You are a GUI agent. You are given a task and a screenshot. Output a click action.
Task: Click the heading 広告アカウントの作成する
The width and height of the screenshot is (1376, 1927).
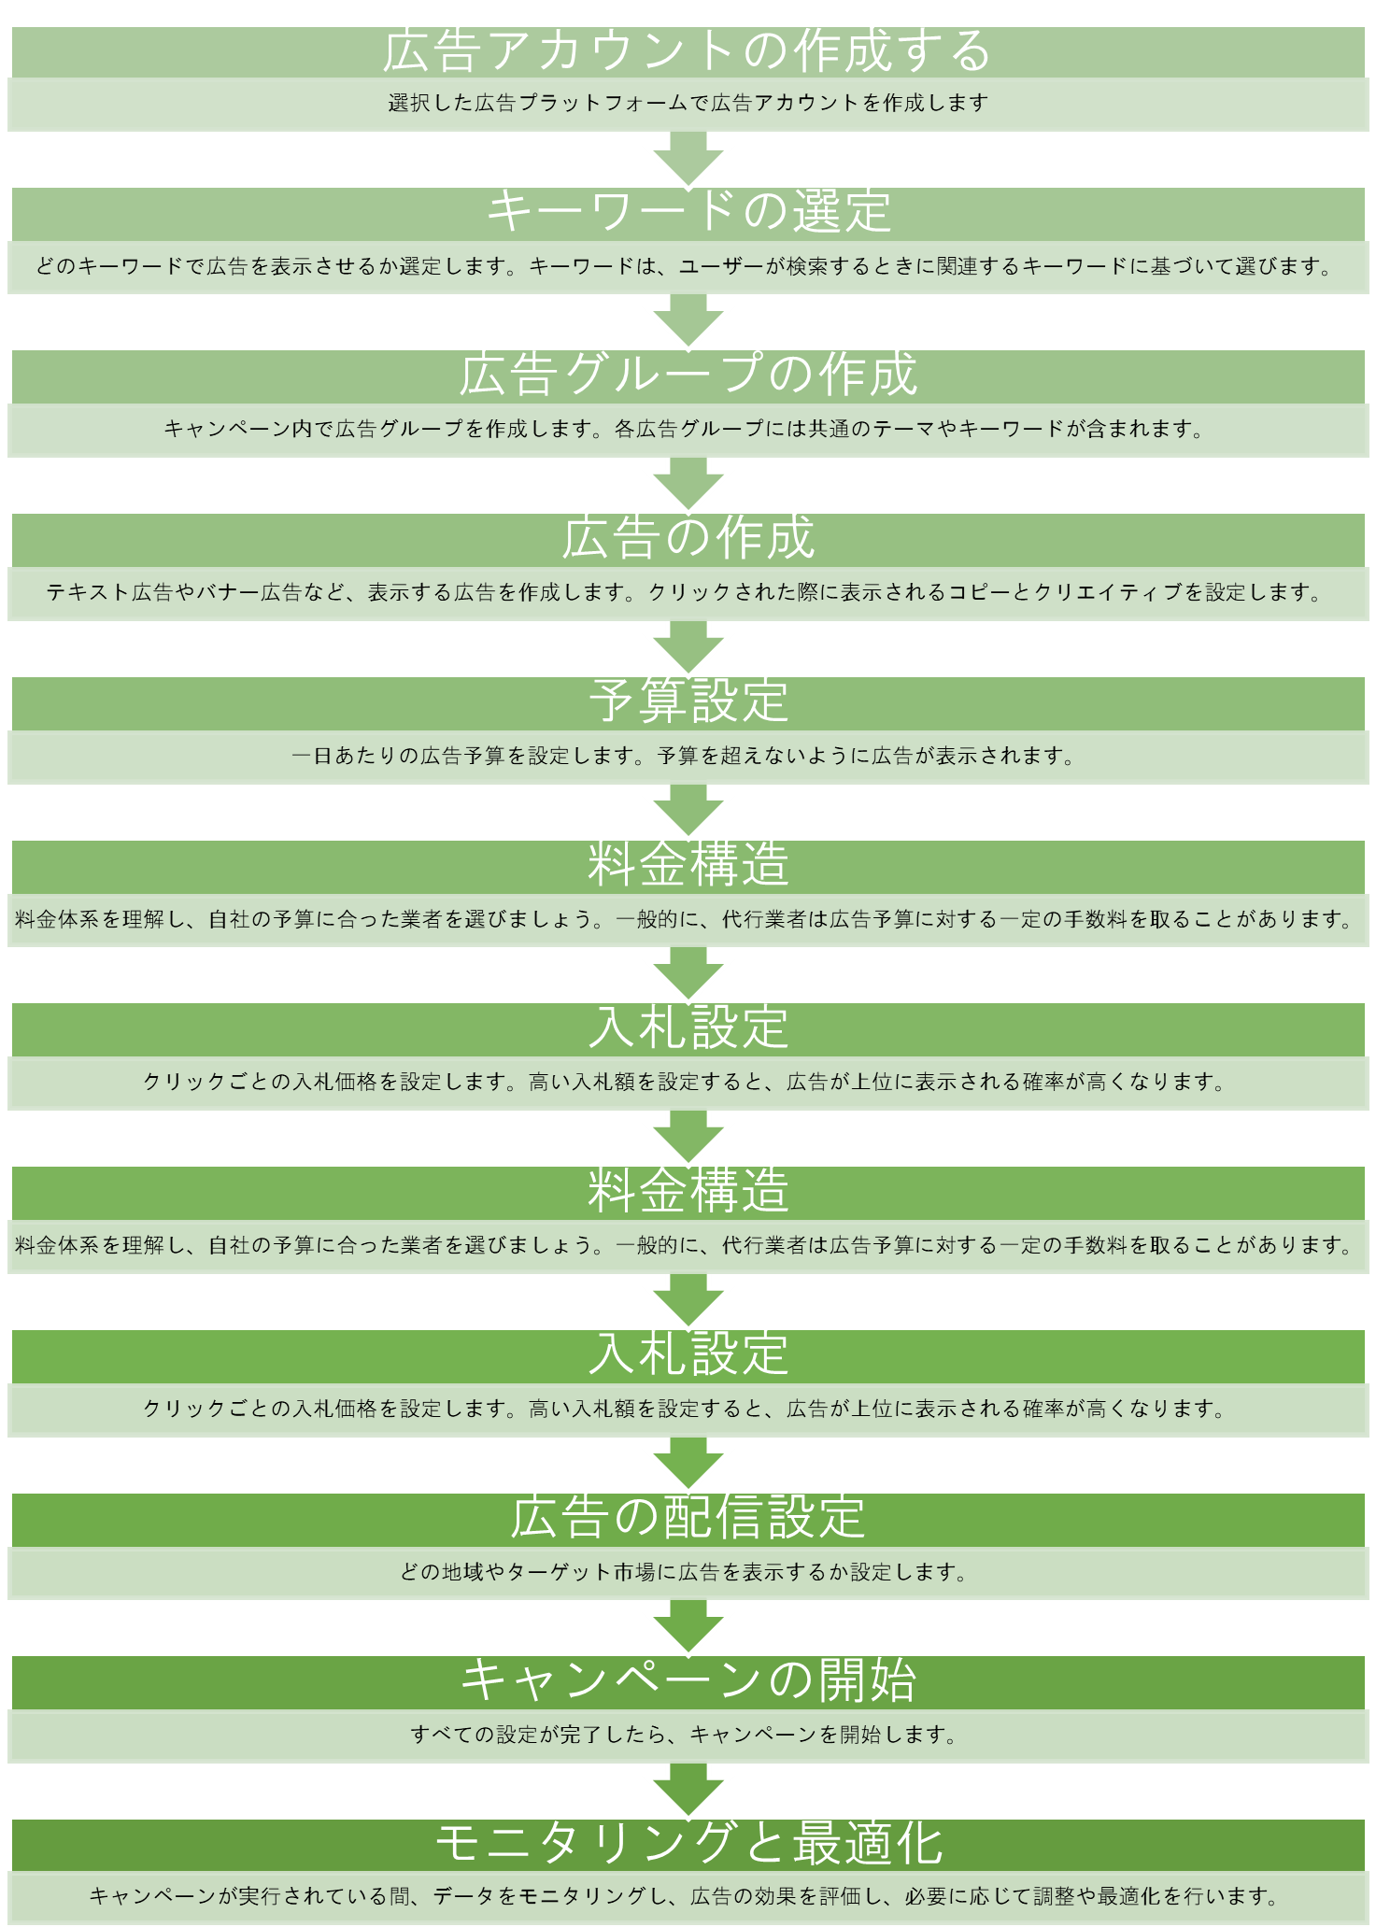pos(688,51)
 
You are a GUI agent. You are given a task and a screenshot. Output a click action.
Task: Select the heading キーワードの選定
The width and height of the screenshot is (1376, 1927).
pos(688,212)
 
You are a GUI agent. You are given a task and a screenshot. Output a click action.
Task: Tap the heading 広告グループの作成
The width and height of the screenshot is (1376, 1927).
pos(688,375)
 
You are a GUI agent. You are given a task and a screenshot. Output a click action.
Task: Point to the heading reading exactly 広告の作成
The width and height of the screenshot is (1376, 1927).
pos(688,538)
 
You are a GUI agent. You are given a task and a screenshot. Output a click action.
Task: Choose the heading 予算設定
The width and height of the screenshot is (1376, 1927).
pos(688,701)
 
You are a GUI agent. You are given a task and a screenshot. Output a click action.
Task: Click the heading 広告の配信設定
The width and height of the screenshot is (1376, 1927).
pos(688,1518)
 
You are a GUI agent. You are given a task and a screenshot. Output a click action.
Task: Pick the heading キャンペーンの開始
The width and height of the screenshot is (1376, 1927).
pos(688,1680)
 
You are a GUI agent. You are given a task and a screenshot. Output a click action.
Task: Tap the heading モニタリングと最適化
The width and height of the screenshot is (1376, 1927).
pos(688,1844)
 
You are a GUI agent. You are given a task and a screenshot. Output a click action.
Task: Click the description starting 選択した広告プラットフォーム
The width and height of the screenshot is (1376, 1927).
pos(688,104)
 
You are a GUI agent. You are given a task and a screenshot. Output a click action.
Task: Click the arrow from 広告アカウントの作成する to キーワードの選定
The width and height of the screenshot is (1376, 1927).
pos(688,159)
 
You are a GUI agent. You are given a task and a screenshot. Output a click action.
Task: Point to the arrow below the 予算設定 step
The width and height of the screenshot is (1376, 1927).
pos(688,810)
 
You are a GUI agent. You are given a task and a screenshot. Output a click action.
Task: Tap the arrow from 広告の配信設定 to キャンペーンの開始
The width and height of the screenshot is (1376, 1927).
pos(688,1626)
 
